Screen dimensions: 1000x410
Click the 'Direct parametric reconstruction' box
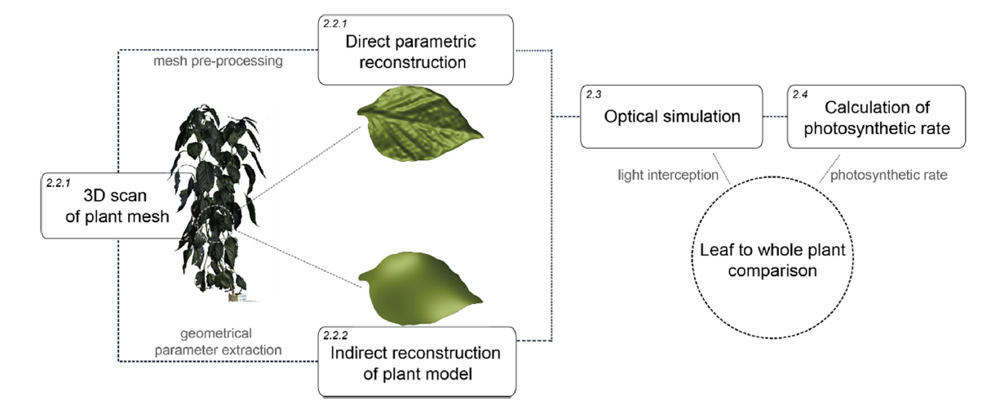pos(416,50)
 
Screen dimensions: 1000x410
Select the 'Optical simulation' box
pos(671,117)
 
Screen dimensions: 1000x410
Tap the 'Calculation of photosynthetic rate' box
pos(876,117)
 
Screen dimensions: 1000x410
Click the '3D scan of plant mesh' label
pos(117,206)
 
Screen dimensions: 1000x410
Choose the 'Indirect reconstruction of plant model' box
pos(417,362)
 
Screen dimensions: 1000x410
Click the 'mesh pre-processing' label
pos(218,60)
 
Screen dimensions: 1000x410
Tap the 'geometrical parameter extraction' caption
pos(218,341)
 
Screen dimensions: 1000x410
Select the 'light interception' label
pos(668,175)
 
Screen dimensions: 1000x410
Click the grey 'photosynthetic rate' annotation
pos(888,175)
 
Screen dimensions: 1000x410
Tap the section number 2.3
pos(594,95)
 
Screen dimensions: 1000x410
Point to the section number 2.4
pos(800,95)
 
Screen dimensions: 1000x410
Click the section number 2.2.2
pos(335,336)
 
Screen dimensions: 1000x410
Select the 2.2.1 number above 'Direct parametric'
pos(334,23)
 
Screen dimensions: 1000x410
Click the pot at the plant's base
pos(234,297)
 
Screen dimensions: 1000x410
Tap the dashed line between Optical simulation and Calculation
pos(775,117)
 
